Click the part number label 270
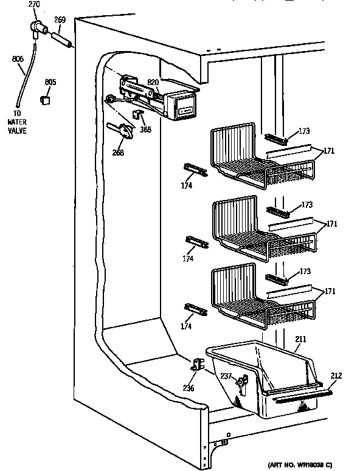pyautogui.click(x=35, y=4)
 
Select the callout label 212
pyautogui.click(x=336, y=376)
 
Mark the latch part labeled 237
pyautogui.click(x=244, y=383)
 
